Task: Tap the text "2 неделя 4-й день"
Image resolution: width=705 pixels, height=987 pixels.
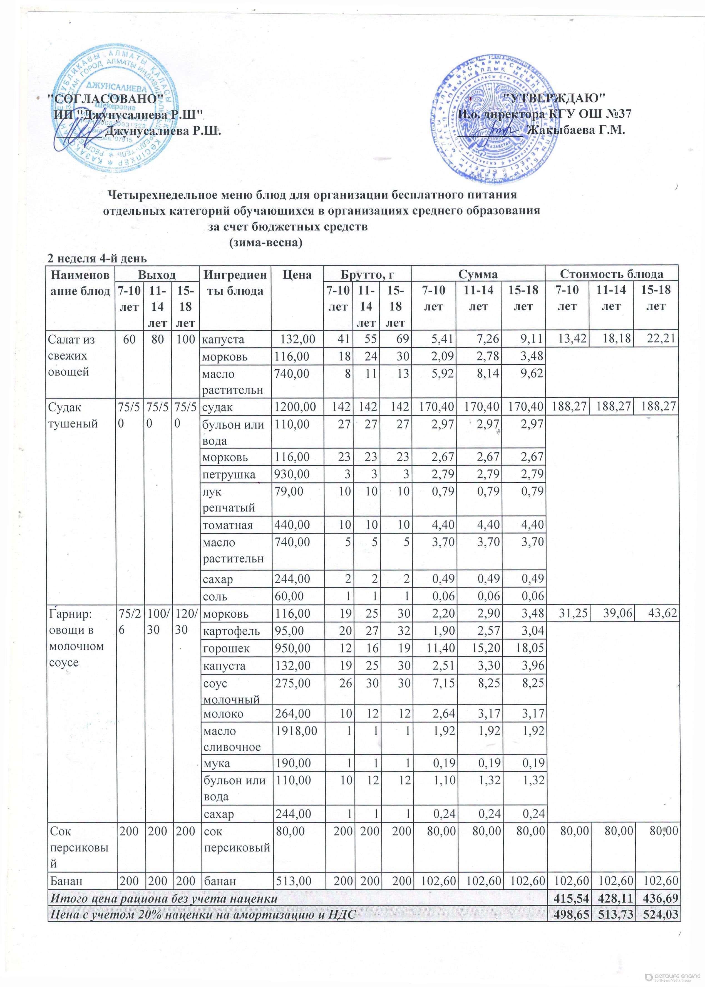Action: [97, 259]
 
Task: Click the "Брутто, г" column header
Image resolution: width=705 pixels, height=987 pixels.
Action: [367, 275]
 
